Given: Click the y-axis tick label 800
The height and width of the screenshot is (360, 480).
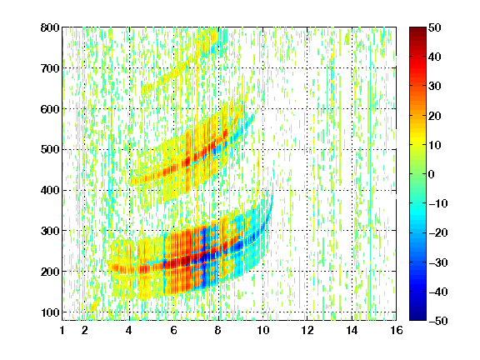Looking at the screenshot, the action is pyautogui.click(x=50, y=27).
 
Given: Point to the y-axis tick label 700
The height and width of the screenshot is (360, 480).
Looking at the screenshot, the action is pyautogui.click(x=50, y=68).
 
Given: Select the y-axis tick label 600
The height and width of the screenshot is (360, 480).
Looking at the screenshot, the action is pyautogui.click(x=50, y=109).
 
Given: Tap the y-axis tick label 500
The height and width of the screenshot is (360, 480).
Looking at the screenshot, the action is pyautogui.click(x=50, y=150).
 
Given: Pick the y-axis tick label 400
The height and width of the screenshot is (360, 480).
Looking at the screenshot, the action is pyautogui.click(x=50, y=190).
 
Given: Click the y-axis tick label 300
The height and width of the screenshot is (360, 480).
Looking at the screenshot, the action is pyautogui.click(x=50, y=231).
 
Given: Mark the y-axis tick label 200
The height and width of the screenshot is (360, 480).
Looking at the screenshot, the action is pyautogui.click(x=50, y=272).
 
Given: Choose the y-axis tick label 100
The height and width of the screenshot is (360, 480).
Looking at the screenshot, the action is pyautogui.click(x=50, y=312).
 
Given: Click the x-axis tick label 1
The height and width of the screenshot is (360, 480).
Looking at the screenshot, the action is pyautogui.click(x=62, y=330).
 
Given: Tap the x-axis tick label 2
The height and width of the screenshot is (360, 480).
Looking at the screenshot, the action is pyautogui.click(x=85, y=330).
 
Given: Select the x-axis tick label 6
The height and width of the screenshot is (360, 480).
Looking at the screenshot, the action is pyautogui.click(x=174, y=330).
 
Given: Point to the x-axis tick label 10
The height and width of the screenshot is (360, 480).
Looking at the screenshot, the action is pyautogui.click(x=263, y=330).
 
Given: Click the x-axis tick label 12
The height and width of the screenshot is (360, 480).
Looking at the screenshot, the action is pyautogui.click(x=307, y=330).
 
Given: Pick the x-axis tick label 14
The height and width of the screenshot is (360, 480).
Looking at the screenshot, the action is pyautogui.click(x=352, y=330).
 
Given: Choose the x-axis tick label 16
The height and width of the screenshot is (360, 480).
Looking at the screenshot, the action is pyautogui.click(x=397, y=330).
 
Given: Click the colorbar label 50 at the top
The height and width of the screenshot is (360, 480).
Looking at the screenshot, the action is pyautogui.click(x=435, y=27).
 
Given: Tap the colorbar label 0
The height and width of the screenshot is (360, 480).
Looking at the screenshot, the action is pyautogui.click(x=432, y=174).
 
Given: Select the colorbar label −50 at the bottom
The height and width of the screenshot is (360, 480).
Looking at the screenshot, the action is pyautogui.click(x=438, y=321).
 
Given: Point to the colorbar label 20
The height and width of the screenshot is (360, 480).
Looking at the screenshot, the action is pyautogui.click(x=435, y=116).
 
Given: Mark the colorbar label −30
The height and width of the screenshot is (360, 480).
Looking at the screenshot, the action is pyautogui.click(x=438, y=262).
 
